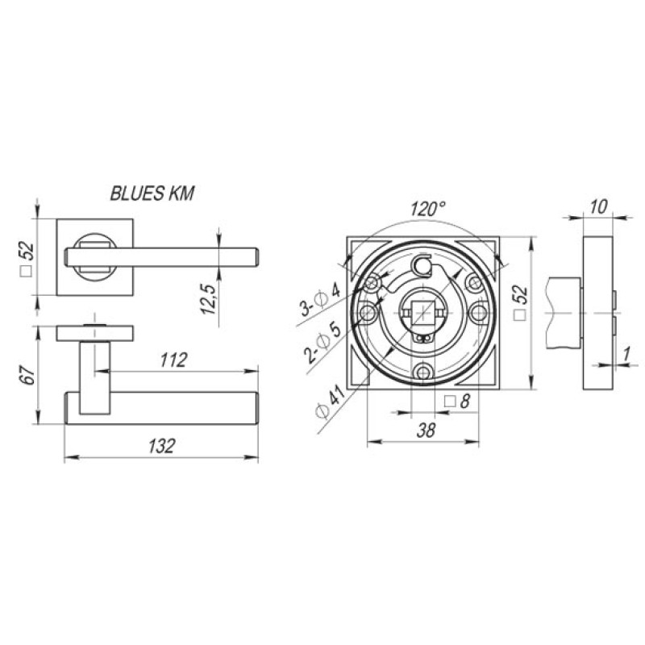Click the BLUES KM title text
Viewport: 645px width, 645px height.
(152, 193)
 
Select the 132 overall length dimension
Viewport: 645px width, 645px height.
(162, 446)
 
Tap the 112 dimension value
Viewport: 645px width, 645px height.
(173, 360)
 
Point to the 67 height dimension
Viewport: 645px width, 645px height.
(28, 374)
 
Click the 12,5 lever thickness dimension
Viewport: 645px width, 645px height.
(210, 299)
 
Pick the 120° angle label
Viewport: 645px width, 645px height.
(428, 210)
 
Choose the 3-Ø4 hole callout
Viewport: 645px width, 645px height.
(321, 300)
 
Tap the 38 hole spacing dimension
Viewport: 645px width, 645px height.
(426, 431)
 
